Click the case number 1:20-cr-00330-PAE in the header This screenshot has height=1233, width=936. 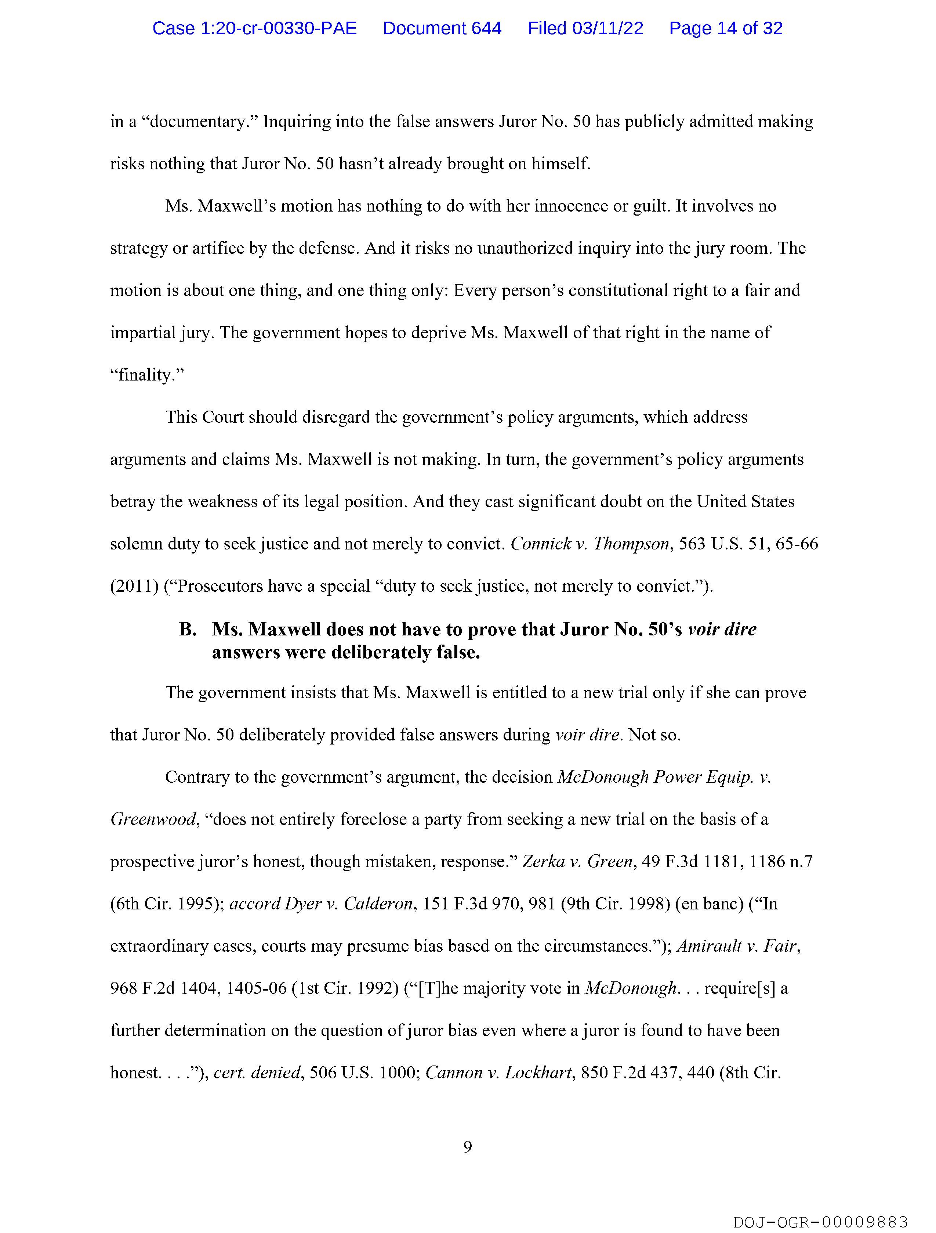point(255,28)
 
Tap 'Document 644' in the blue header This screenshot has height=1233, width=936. point(442,28)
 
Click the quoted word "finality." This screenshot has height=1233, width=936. point(147,375)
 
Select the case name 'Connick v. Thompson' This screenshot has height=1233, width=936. point(589,544)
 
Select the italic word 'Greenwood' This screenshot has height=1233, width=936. point(153,819)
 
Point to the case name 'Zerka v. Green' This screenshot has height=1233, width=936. point(577,862)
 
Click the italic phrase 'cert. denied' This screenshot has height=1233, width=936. point(257,1072)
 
